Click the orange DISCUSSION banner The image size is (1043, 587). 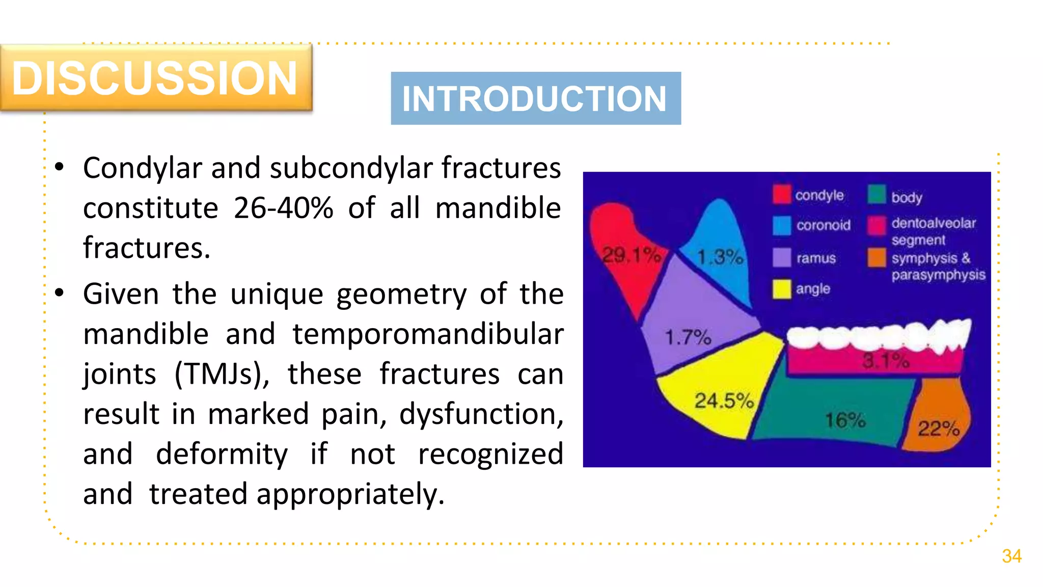click(x=155, y=77)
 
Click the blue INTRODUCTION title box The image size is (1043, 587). click(x=535, y=98)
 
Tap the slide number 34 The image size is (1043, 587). click(x=1011, y=556)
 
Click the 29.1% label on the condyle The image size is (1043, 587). click(x=631, y=255)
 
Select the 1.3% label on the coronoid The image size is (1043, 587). click(x=720, y=257)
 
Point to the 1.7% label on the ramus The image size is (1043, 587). click(x=688, y=337)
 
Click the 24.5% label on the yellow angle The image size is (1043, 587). click(x=724, y=401)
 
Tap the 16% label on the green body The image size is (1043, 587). click(x=845, y=420)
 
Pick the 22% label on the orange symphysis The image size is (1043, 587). click(x=938, y=429)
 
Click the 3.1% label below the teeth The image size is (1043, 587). click(x=886, y=361)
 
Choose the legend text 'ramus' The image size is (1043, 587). click(x=816, y=258)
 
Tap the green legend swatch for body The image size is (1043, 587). click(x=877, y=194)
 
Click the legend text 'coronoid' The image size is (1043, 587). click(x=823, y=225)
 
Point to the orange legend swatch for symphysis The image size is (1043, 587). click(x=877, y=257)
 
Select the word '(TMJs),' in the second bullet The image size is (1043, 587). click(x=222, y=374)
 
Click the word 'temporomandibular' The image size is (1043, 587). click(x=428, y=334)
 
